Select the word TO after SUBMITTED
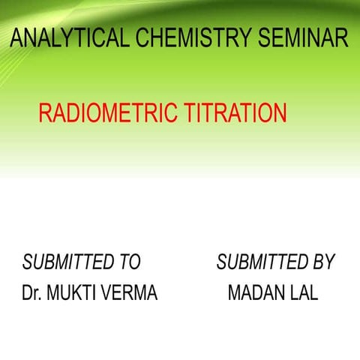[129, 262]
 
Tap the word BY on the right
[323, 262]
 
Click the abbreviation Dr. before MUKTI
[31, 293]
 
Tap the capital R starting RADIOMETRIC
[44, 113]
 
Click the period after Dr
[40, 299]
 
